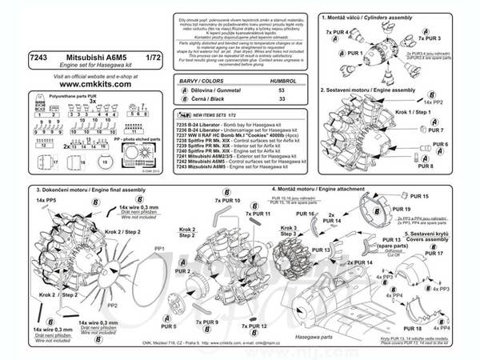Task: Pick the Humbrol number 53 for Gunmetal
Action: click(280, 92)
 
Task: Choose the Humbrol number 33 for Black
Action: click(280, 102)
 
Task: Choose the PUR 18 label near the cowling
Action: click(413, 329)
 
